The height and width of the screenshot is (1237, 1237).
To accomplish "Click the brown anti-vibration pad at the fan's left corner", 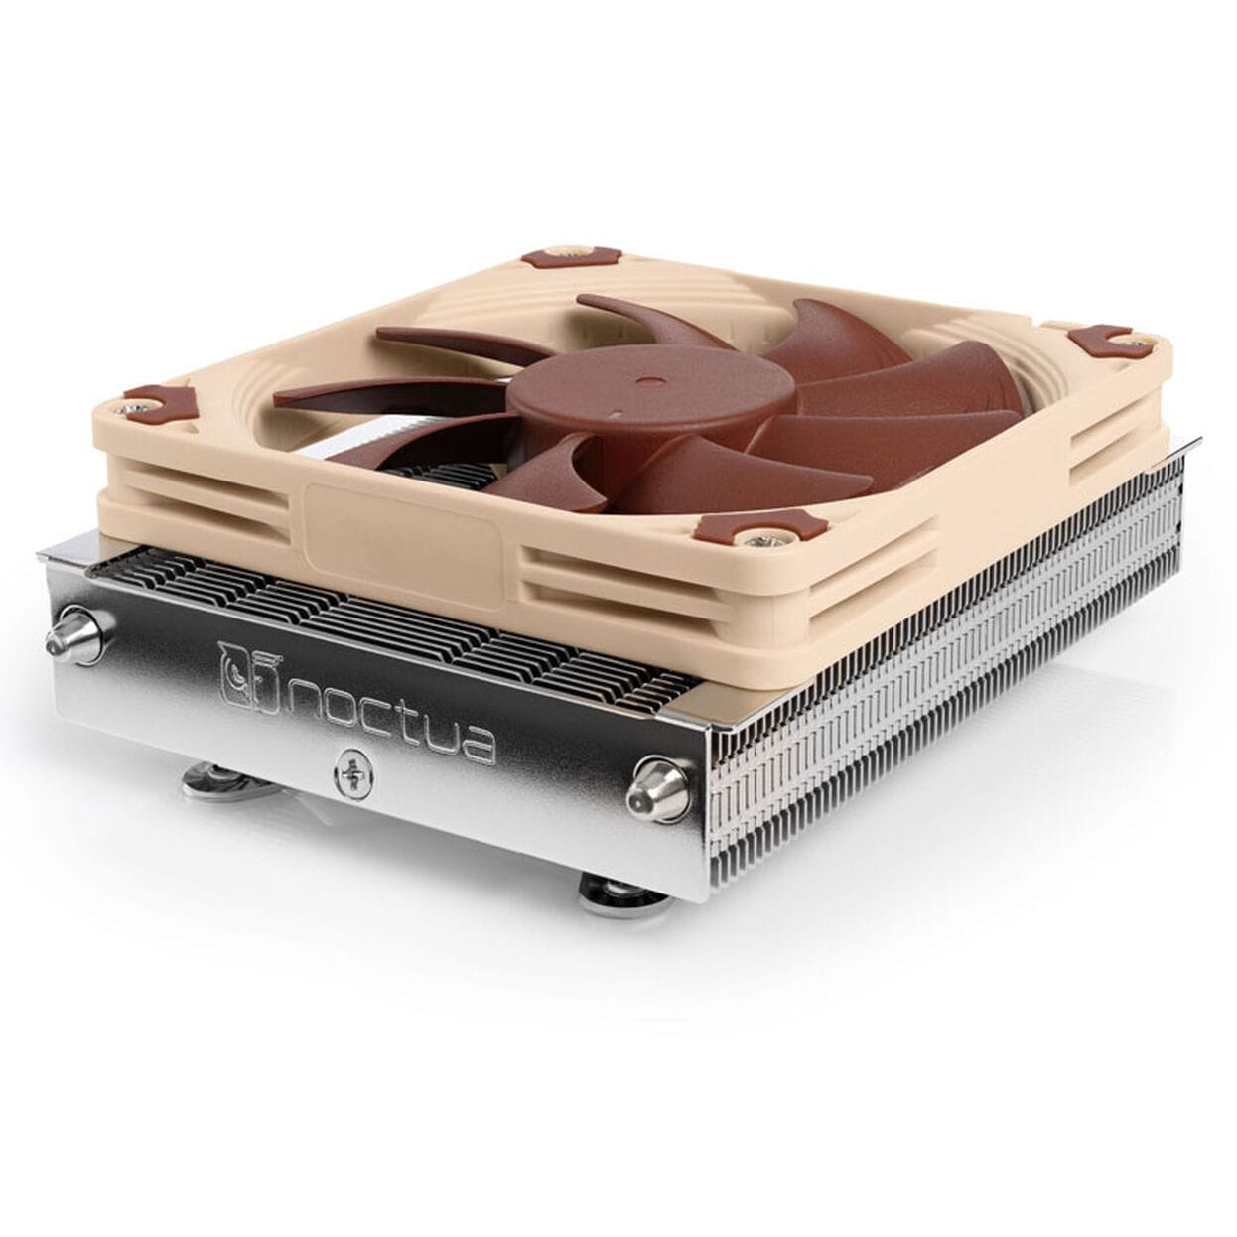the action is click(155, 402).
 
